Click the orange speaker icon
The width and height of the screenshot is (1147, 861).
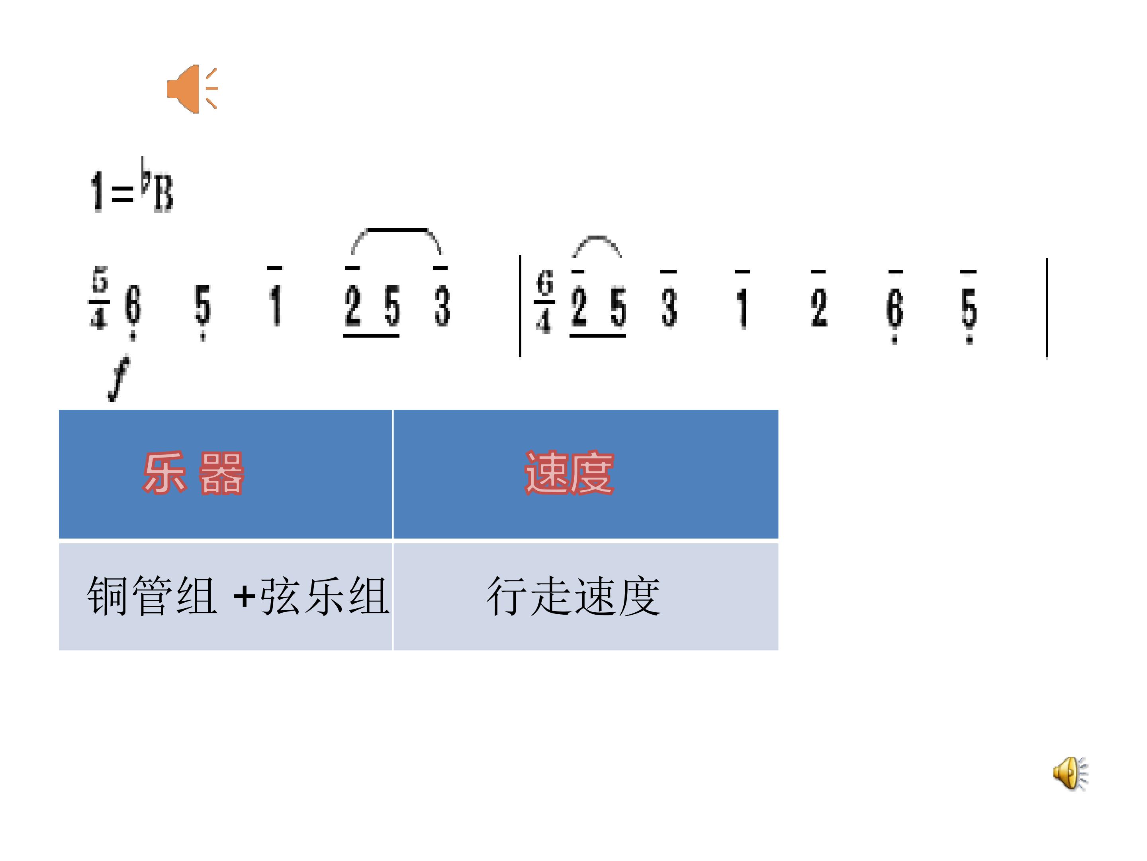[x=192, y=89]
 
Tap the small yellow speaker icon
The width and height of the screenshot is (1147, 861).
[x=1070, y=773]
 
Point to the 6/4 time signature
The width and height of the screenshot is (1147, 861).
[x=544, y=301]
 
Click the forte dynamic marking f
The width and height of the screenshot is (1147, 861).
[x=119, y=379]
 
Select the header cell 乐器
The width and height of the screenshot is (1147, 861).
[x=225, y=474]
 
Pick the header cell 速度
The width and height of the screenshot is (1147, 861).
[x=586, y=474]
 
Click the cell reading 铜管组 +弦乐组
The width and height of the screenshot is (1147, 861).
[x=225, y=596]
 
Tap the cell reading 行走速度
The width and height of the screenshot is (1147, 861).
[x=586, y=596]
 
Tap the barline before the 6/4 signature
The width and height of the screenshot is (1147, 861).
[x=520, y=306]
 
